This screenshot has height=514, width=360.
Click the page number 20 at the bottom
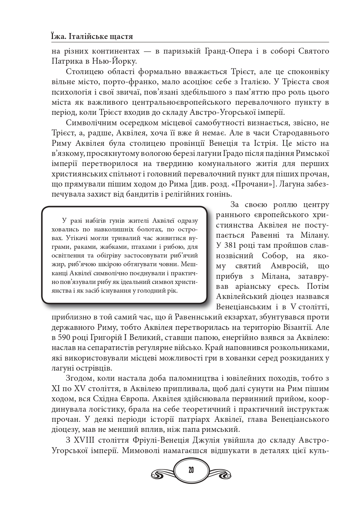tap(191, 470)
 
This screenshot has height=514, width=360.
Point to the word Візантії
tap(299, 327)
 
